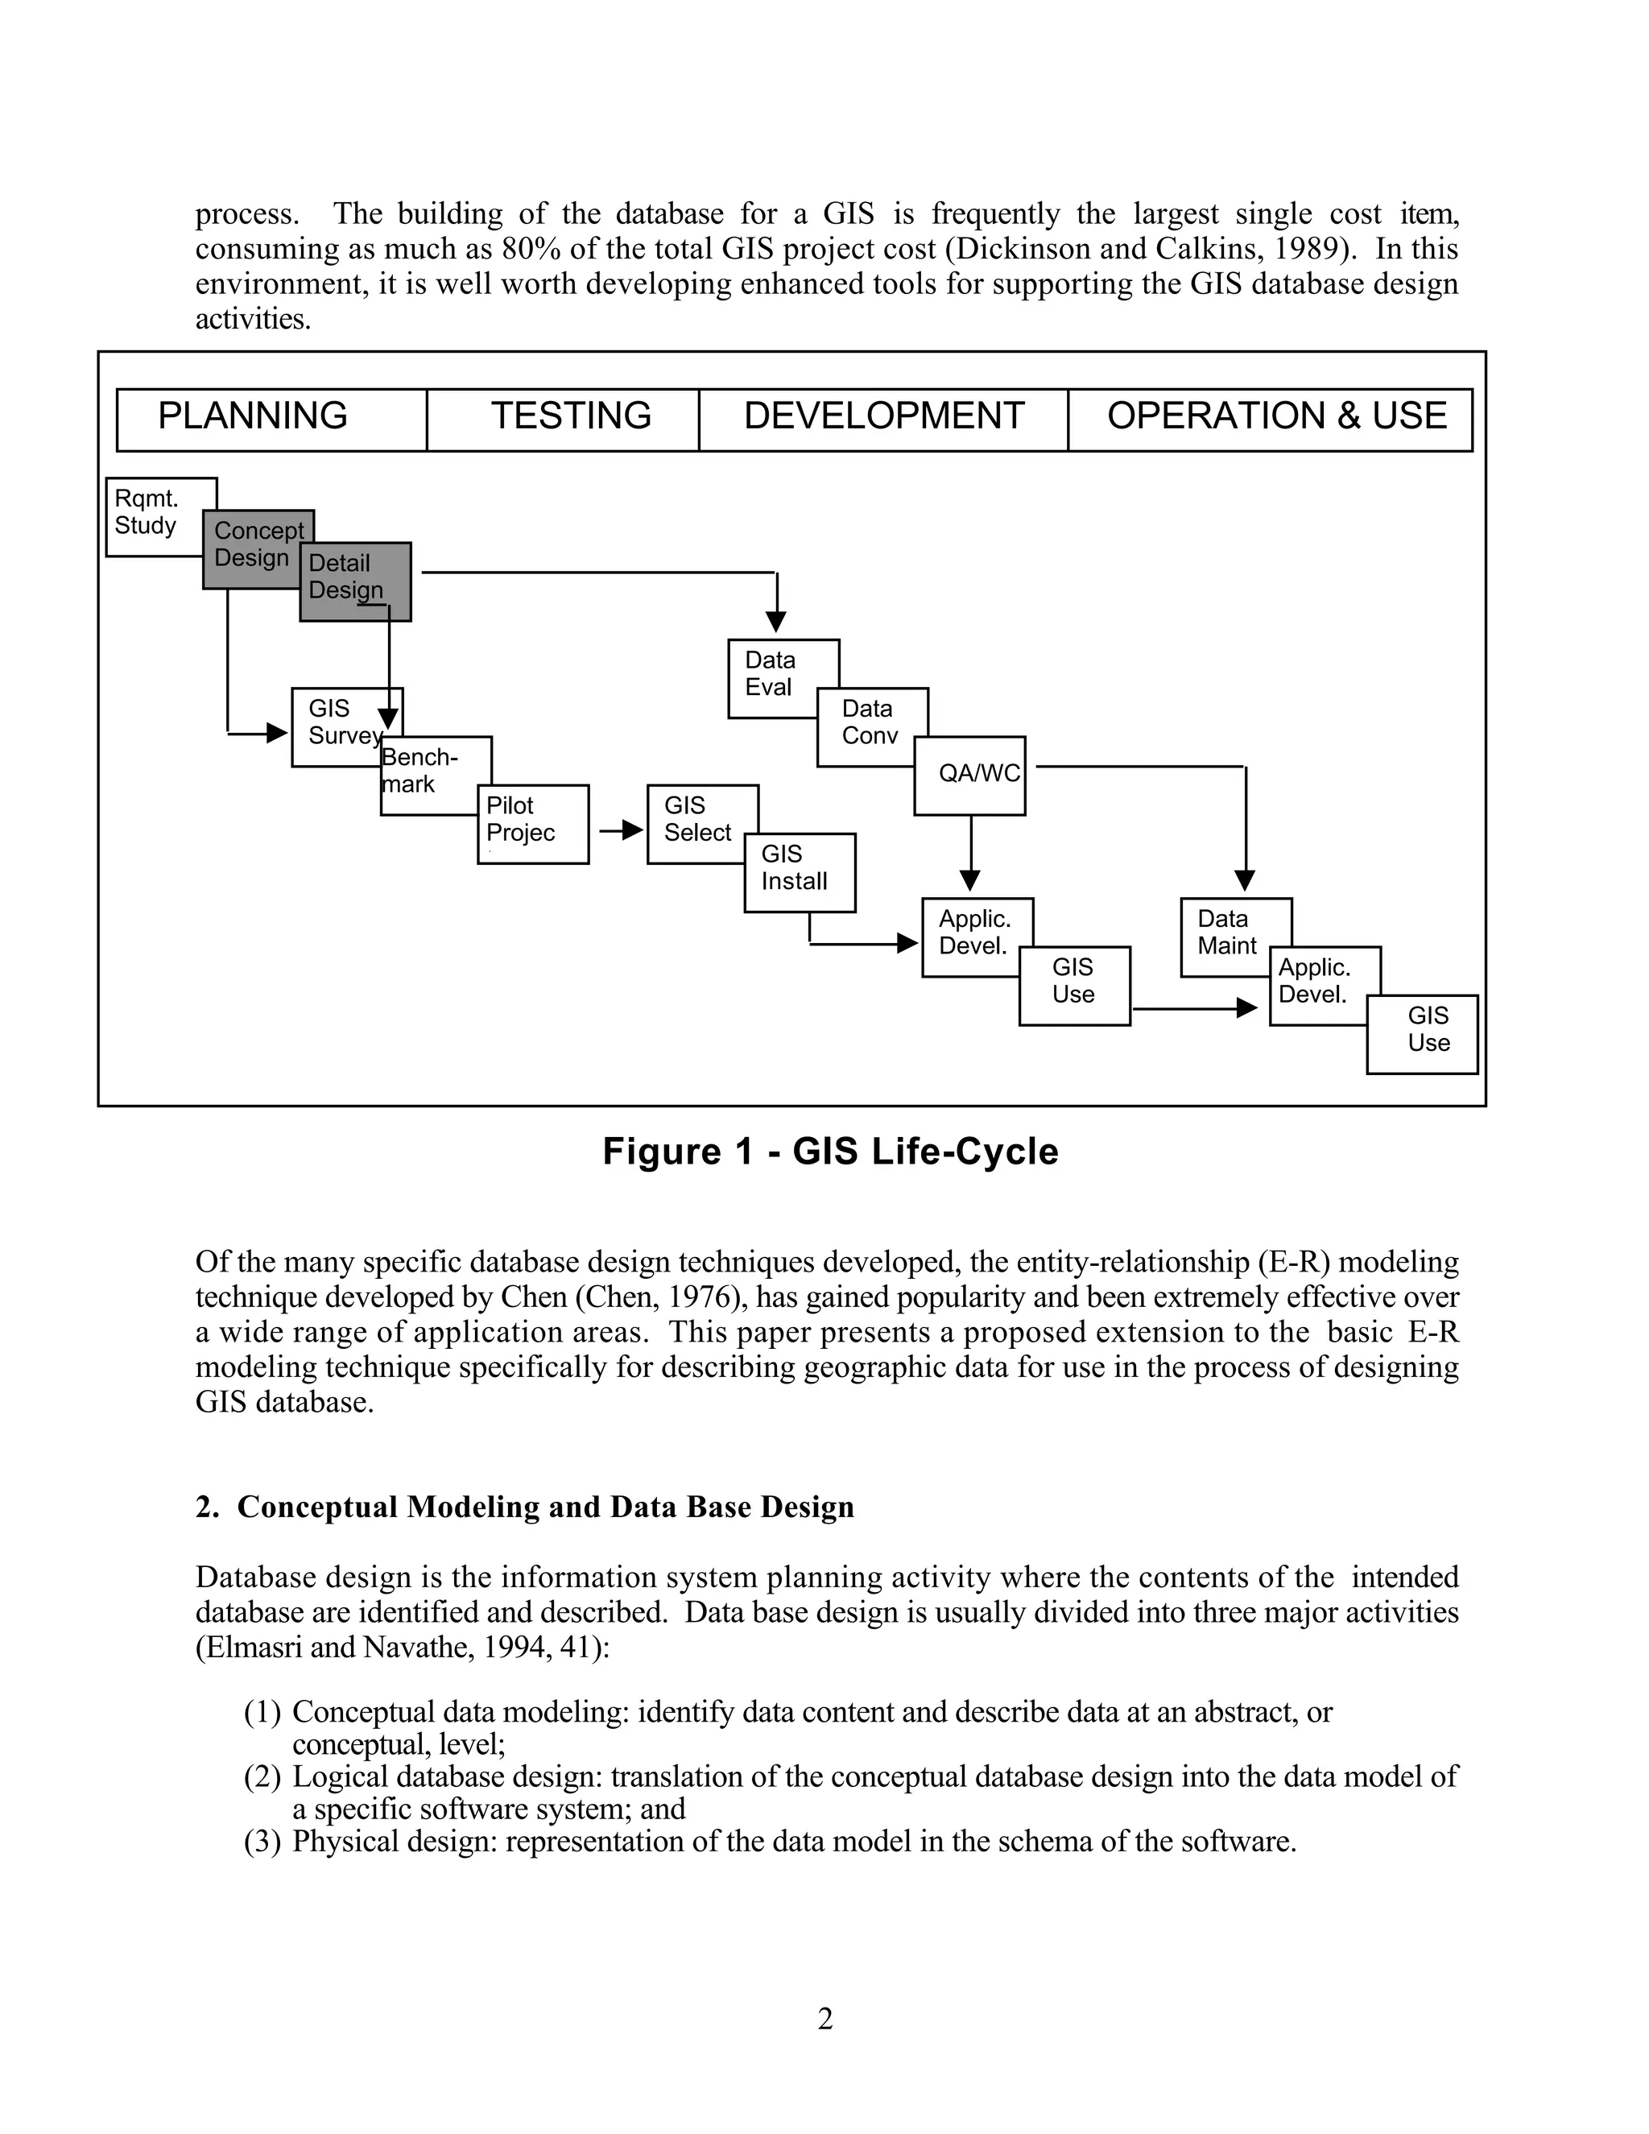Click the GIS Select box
[697, 821]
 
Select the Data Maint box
[1233, 935]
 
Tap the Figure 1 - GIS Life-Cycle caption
[830, 1151]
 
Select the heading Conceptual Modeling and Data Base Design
[525, 1506]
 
